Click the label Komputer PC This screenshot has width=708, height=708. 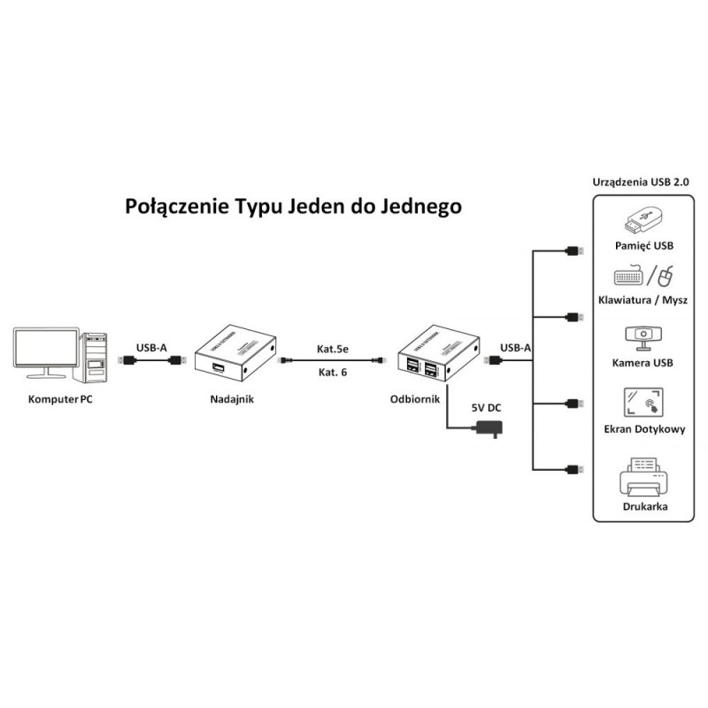60,399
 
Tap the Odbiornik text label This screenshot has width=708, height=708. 415,399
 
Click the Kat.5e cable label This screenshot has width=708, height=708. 333,349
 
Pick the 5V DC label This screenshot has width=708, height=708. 486,409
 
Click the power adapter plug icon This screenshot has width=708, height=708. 488,429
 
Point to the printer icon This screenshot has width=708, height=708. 643,478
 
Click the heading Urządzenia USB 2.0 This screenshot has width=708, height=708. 642,181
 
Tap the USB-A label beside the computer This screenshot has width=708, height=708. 151,348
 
